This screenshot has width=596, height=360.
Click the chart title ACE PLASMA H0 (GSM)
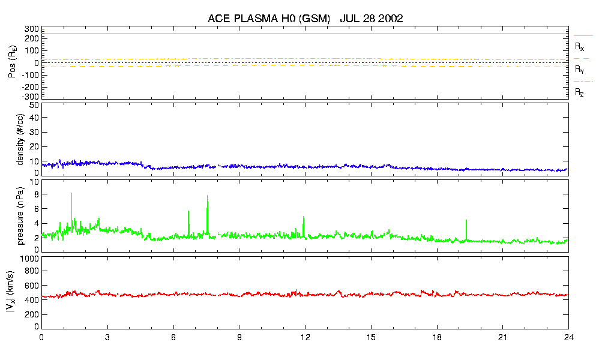(269, 19)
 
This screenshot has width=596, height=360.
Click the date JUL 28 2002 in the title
(371, 19)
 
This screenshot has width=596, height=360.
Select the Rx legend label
(580, 46)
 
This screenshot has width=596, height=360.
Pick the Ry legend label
(580, 70)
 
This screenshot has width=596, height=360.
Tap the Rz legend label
(580, 92)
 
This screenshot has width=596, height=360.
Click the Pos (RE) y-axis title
(11, 63)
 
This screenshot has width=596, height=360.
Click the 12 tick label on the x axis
(305, 337)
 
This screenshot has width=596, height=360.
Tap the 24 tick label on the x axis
(568, 337)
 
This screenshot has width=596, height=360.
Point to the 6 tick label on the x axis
(173, 337)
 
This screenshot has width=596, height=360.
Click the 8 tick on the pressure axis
(36, 194)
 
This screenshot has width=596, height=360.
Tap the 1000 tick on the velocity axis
(30, 259)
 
